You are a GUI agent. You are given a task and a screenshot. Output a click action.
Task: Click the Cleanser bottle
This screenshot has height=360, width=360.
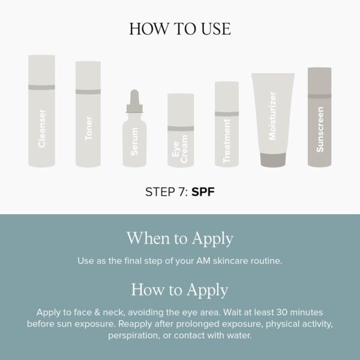[41, 120]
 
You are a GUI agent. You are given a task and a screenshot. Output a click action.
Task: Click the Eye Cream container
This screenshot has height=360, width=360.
[178, 135]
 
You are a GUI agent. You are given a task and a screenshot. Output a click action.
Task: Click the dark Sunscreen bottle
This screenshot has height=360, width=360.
[319, 120]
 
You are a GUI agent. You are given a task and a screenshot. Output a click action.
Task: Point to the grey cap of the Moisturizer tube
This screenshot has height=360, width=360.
[273, 159]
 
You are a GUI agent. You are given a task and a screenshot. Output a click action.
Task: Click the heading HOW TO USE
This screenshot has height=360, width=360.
[180, 29]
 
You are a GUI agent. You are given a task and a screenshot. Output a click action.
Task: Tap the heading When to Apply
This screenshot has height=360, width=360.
[180, 238]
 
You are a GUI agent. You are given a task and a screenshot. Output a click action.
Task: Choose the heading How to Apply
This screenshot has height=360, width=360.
[180, 290]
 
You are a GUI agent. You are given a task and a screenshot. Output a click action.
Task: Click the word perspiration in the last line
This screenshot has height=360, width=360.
[135, 335]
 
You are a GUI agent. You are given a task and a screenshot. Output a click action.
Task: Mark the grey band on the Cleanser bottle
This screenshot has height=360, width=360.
[41, 88]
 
